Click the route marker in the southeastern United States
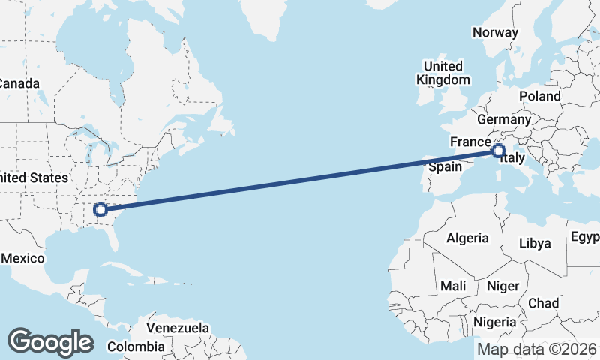[x=100, y=210]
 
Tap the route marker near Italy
[x=499, y=151]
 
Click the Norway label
[x=495, y=32]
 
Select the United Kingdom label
[x=443, y=73]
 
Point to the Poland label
[x=539, y=96]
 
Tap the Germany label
[x=503, y=119]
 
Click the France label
[x=469, y=142]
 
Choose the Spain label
[x=445, y=166]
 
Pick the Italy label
[x=511, y=159]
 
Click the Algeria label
[x=467, y=238]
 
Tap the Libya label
[x=535, y=243]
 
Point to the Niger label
[x=503, y=286]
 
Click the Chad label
[x=544, y=303]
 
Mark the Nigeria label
[x=494, y=322]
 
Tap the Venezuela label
[x=178, y=328]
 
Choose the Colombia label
[x=136, y=346]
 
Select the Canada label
[x=19, y=83]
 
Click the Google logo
[x=50, y=342]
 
